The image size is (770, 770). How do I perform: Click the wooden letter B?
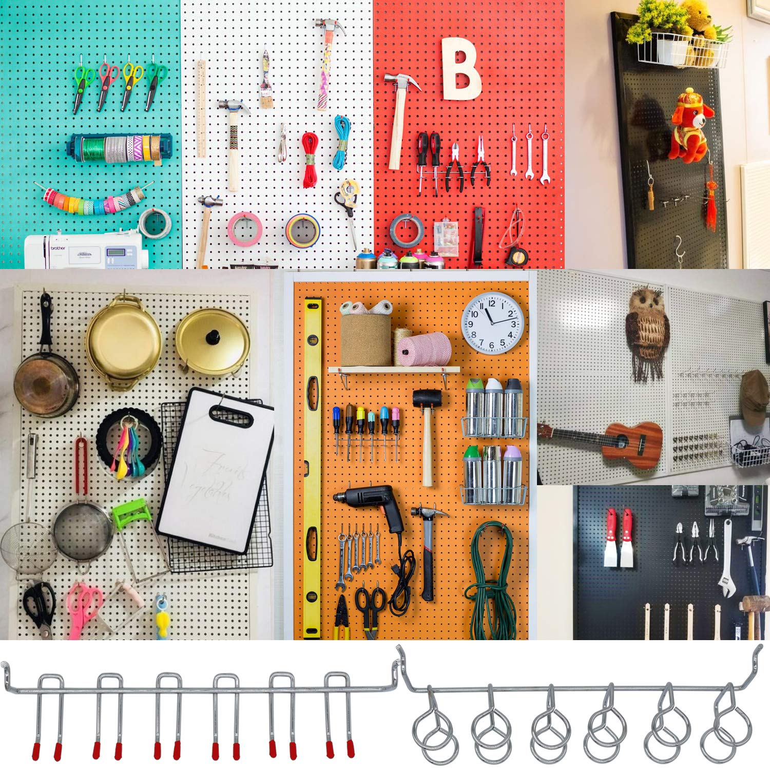click(x=460, y=69)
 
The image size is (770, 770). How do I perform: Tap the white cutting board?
click(x=216, y=470)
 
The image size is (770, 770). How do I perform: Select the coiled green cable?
click(x=490, y=580)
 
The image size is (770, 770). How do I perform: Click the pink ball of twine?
click(x=423, y=349)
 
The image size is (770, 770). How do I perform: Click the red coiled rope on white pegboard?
click(x=310, y=159)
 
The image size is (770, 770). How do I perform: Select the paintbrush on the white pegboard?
click(x=265, y=82)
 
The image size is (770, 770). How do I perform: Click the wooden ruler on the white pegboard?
click(x=202, y=108)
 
